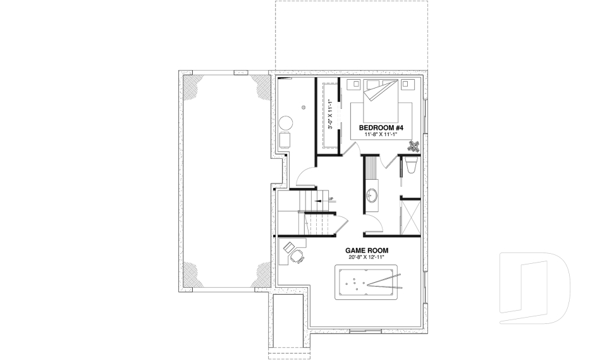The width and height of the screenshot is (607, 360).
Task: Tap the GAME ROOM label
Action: [x=363, y=250]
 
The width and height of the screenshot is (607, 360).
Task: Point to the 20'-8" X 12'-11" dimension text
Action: [x=363, y=258]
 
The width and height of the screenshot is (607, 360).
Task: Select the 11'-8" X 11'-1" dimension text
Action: [x=384, y=135]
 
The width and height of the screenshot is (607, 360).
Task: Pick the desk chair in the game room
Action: [x=297, y=256]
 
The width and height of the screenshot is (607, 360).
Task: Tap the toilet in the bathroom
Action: [x=410, y=166]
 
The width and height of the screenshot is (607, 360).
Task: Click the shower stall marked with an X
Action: [x=410, y=216]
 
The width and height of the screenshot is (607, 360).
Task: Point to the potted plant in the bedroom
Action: [x=414, y=146]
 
